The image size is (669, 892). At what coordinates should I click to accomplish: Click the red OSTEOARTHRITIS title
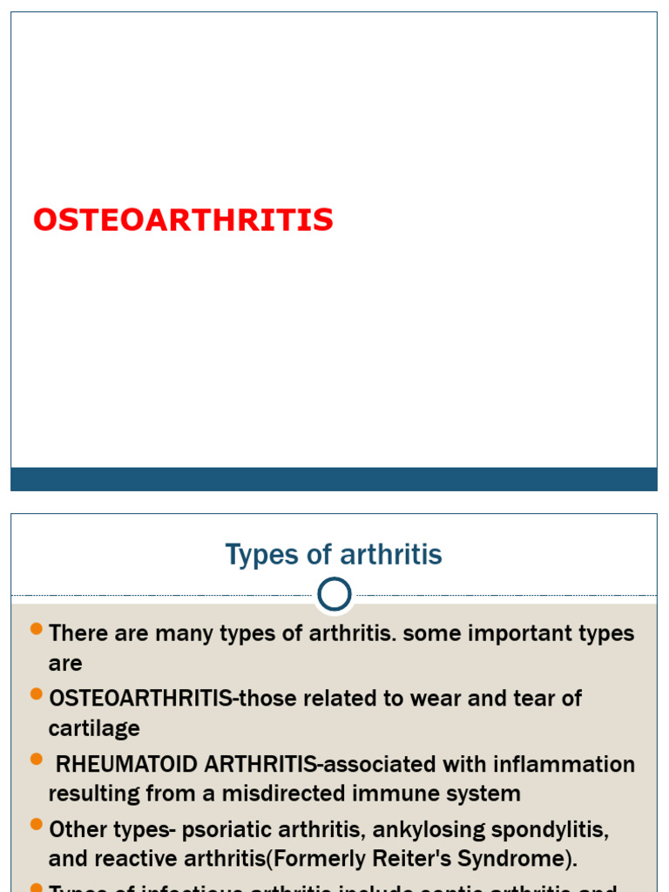coord(183,220)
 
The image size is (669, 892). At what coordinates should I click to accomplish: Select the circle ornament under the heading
coord(334,595)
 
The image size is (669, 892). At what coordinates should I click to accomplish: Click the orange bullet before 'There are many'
coord(36,628)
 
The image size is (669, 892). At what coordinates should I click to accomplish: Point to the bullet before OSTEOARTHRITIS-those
coord(36,693)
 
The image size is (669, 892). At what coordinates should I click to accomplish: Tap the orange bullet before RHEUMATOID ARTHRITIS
coord(36,759)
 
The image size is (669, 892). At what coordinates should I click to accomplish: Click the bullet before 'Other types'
coord(36,823)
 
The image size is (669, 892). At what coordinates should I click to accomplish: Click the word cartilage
coord(94,728)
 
